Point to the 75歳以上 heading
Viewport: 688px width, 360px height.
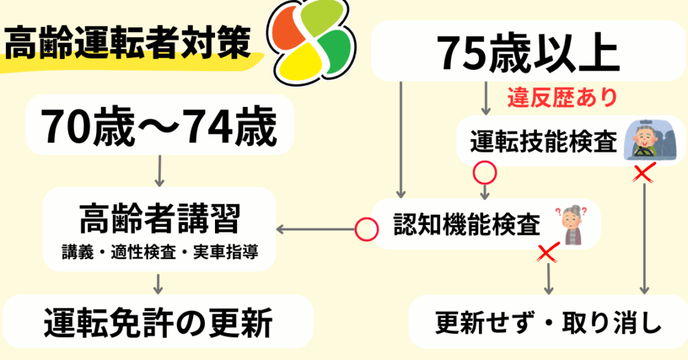point(527,52)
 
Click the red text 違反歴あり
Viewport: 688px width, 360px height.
point(562,98)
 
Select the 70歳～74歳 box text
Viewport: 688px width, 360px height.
point(159,128)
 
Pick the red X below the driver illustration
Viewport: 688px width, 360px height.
point(644,174)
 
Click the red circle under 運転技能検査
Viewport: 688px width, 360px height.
point(484,173)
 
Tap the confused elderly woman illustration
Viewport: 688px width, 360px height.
point(573,225)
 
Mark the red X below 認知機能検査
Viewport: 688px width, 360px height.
point(550,253)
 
